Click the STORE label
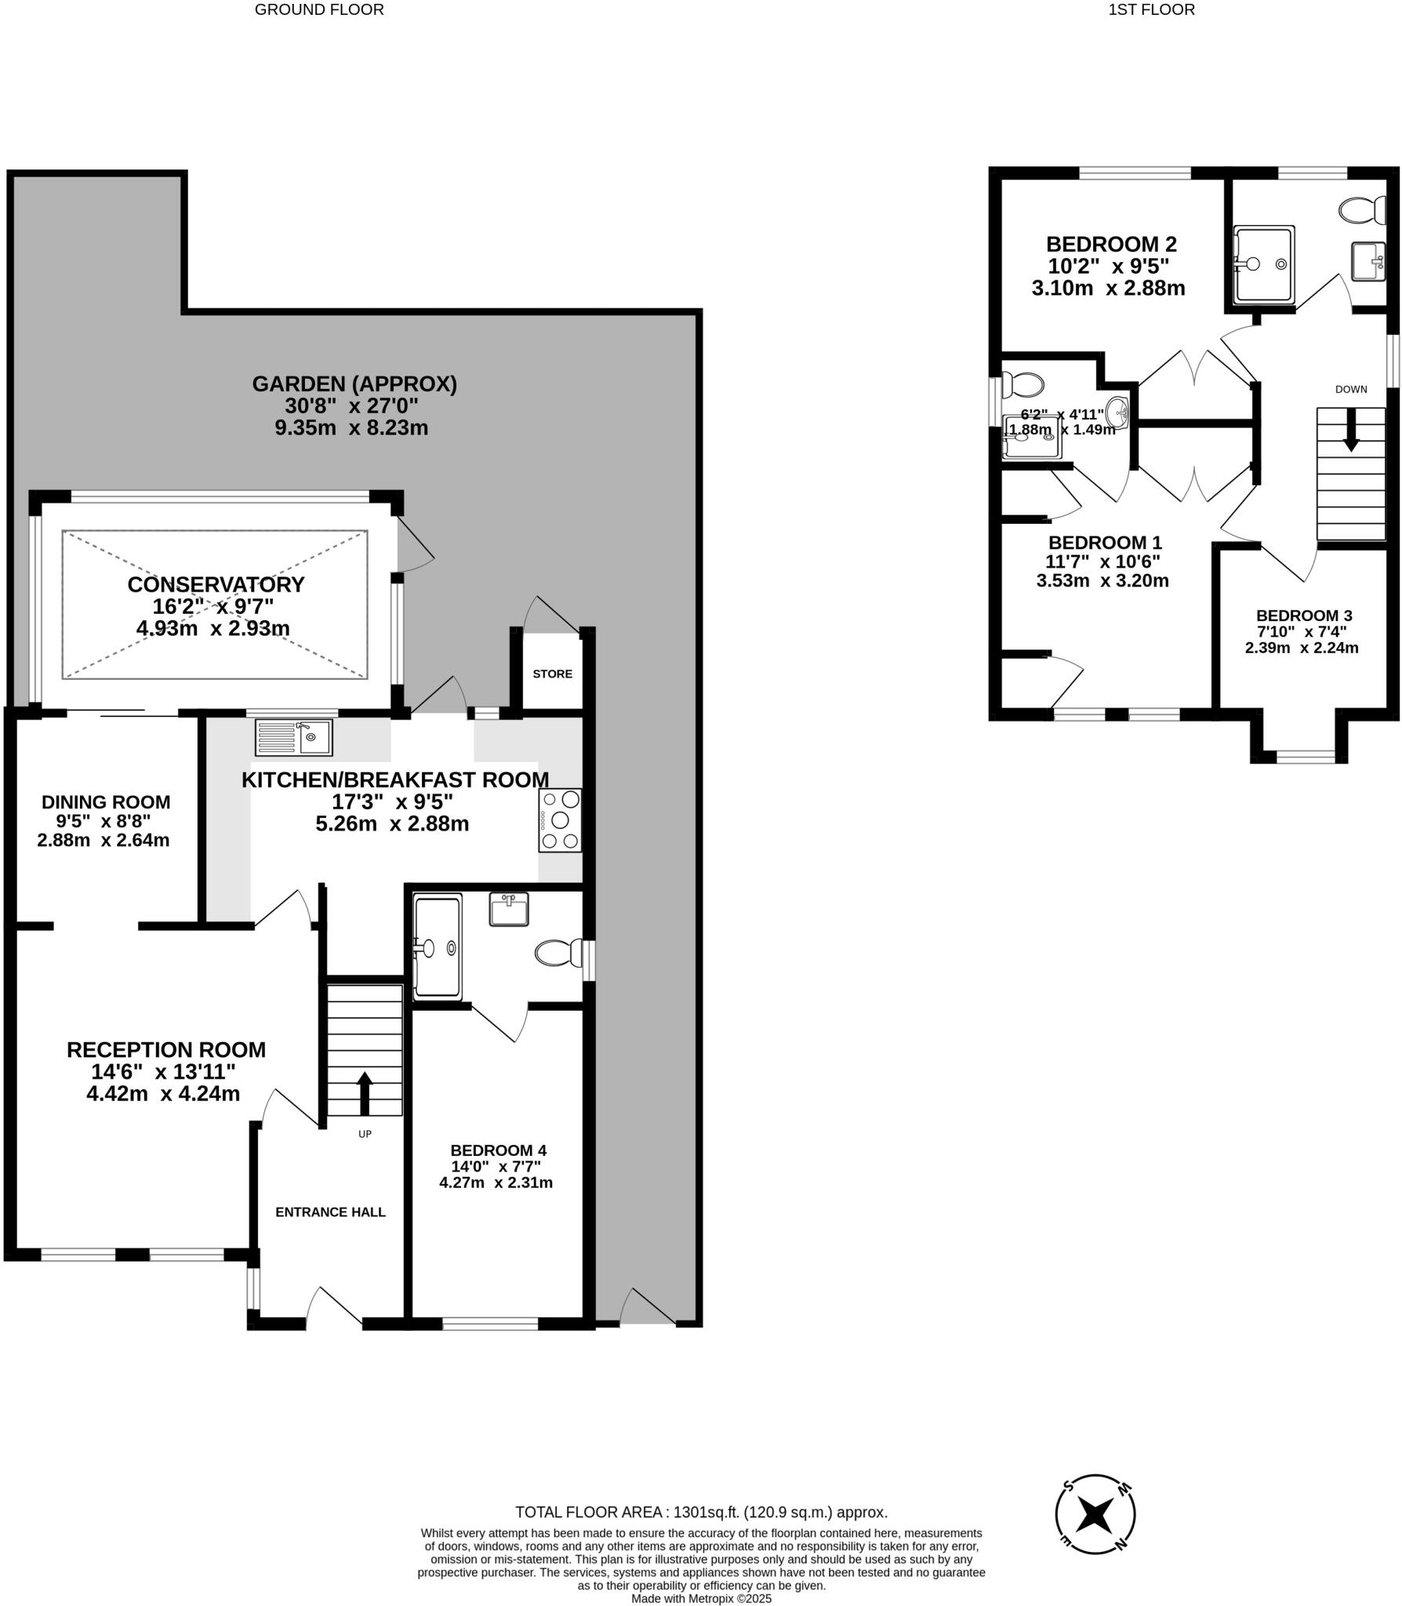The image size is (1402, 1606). [552, 674]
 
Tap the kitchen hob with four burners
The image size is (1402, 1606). [560, 820]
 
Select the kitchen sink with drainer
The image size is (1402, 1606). [294, 737]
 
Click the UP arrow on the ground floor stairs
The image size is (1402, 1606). [365, 1093]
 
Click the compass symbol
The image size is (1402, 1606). [1095, 1514]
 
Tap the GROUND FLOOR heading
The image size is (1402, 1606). [319, 10]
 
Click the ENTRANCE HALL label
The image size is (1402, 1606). [330, 1212]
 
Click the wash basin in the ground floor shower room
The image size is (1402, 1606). [509, 910]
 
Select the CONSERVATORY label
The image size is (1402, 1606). [216, 584]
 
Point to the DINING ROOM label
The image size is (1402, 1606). [106, 802]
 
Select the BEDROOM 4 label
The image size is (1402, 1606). [498, 1150]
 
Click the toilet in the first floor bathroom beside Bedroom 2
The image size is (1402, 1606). [1363, 210]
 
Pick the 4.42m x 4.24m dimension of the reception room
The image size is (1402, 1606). [163, 1093]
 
